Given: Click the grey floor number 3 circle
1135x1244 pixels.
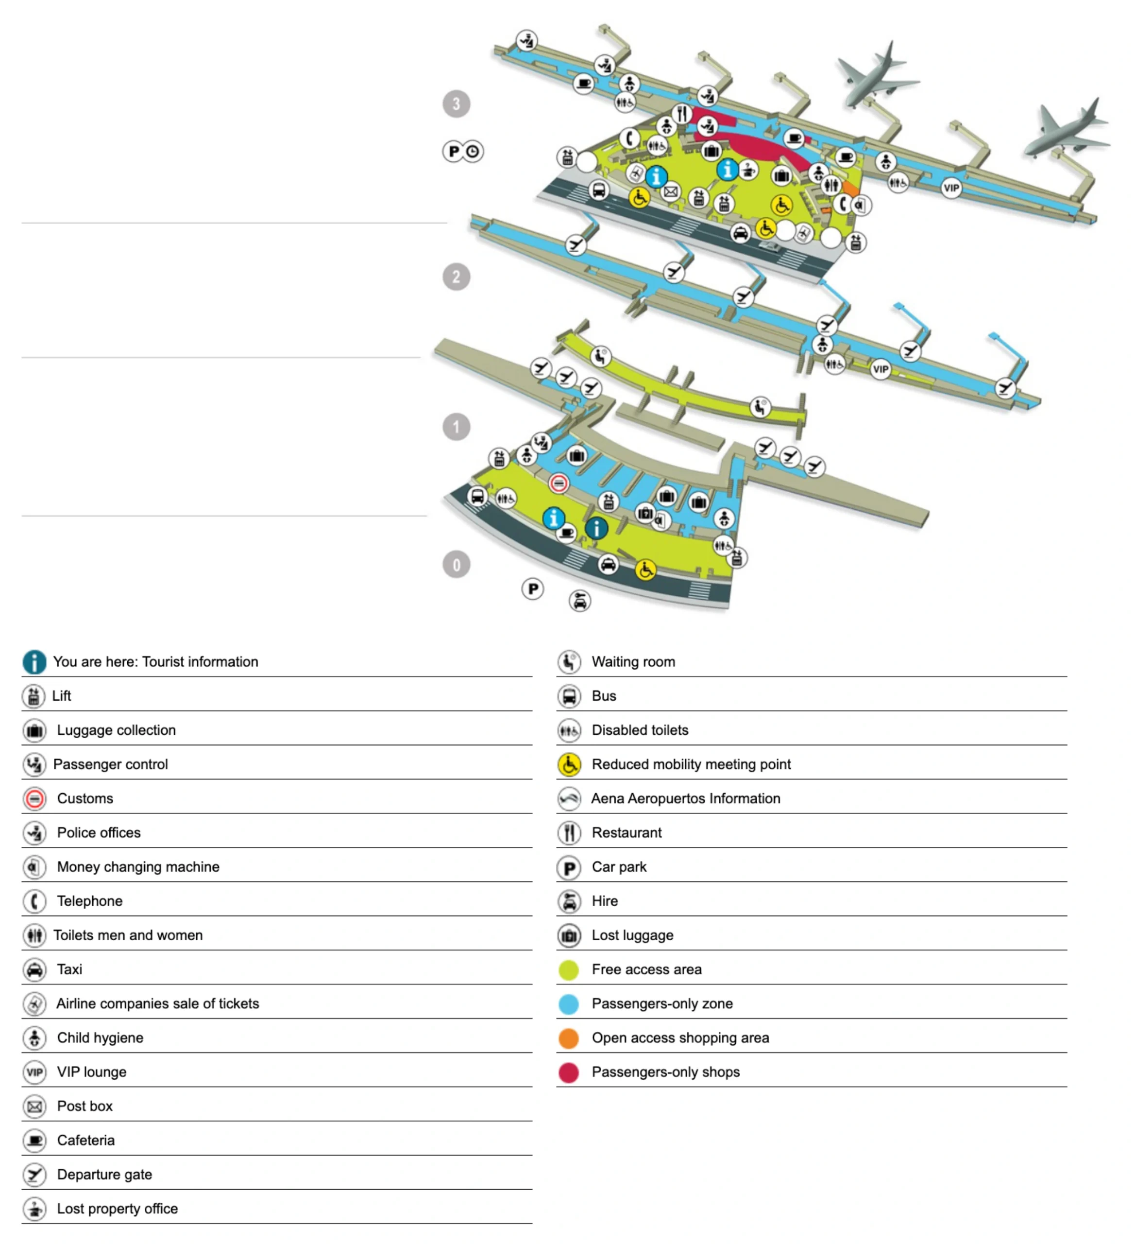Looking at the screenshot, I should pyautogui.click(x=456, y=104).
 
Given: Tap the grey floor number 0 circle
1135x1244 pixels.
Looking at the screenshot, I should pyautogui.click(x=456, y=564).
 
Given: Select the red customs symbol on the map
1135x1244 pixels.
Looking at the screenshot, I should pyautogui.click(x=558, y=483).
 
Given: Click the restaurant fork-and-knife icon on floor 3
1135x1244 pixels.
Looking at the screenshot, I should pyautogui.click(x=681, y=114).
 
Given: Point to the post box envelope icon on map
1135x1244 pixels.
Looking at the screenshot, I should pyautogui.click(x=671, y=192).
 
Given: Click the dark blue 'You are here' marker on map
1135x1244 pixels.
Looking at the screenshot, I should pyautogui.click(x=596, y=528).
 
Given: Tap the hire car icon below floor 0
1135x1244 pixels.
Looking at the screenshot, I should pyautogui.click(x=579, y=601).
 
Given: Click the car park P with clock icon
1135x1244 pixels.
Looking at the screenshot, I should pyautogui.click(x=463, y=151).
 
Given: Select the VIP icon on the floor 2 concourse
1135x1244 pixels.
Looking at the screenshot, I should pyautogui.click(x=880, y=369).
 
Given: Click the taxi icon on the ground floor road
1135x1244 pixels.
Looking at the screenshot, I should pyautogui.click(x=608, y=564).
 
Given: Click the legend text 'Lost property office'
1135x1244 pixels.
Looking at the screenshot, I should pyautogui.click(x=117, y=1208).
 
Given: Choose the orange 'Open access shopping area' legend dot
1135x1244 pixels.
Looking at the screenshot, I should pyautogui.click(x=568, y=1038).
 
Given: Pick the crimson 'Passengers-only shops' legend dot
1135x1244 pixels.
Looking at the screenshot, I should pyautogui.click(x=568, y=1072).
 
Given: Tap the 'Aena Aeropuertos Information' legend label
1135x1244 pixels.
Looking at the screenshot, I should pyautogui.click(x=685, y=798).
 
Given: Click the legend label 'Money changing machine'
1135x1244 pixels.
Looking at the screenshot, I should pyautogui.click(x=138, y=867).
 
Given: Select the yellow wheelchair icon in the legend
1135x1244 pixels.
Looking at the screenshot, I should pyautogui.click(x=569, y=764).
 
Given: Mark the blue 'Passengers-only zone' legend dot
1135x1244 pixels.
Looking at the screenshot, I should pyautogui.click(x=568, y=1004).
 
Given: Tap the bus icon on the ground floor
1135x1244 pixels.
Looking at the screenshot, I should pyautogui.click(x=477, y=496).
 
